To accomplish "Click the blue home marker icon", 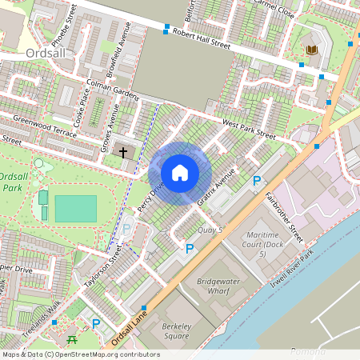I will pyautogui.click(x=180, y=173).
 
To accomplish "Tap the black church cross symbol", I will pyautogui.click(x=124, y=151).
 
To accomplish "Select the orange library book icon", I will pyautogui.click(x=311, y=50).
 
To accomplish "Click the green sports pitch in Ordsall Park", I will pyautogui.click(x=74, y=208).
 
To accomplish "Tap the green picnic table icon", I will pyautogui.click(x=73, y=338).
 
